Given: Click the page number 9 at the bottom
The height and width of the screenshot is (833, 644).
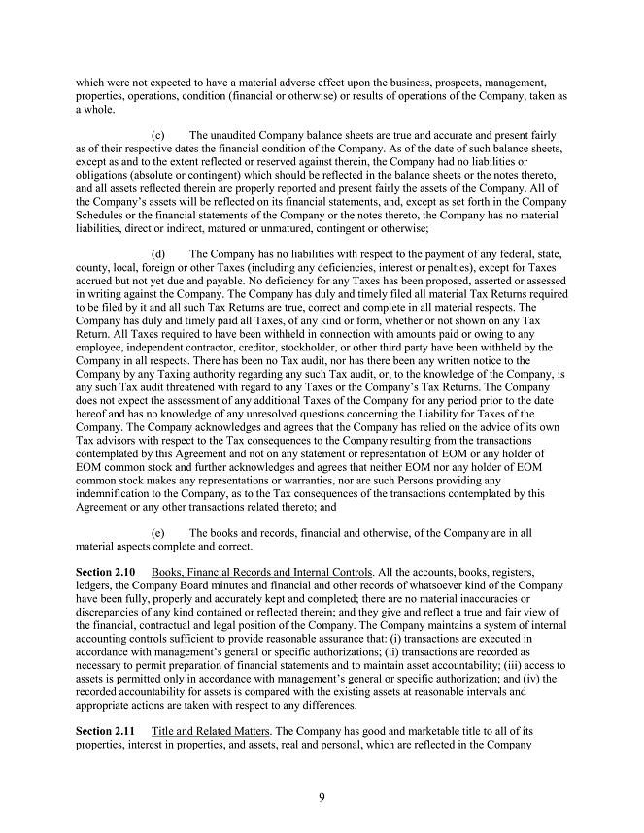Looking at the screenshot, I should tap(322, 798).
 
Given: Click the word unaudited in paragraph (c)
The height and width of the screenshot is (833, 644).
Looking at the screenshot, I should tap(241, 134).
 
